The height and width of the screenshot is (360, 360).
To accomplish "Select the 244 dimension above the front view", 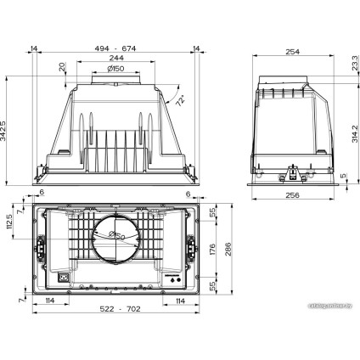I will pos(115,60).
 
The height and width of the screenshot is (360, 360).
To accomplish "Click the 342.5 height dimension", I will pos(6,129).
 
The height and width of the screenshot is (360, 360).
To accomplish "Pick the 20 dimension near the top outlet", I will pos(63,67).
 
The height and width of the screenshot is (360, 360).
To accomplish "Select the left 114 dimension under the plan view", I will pos(51,301).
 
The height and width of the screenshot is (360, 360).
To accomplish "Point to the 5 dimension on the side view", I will pos(343,177).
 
